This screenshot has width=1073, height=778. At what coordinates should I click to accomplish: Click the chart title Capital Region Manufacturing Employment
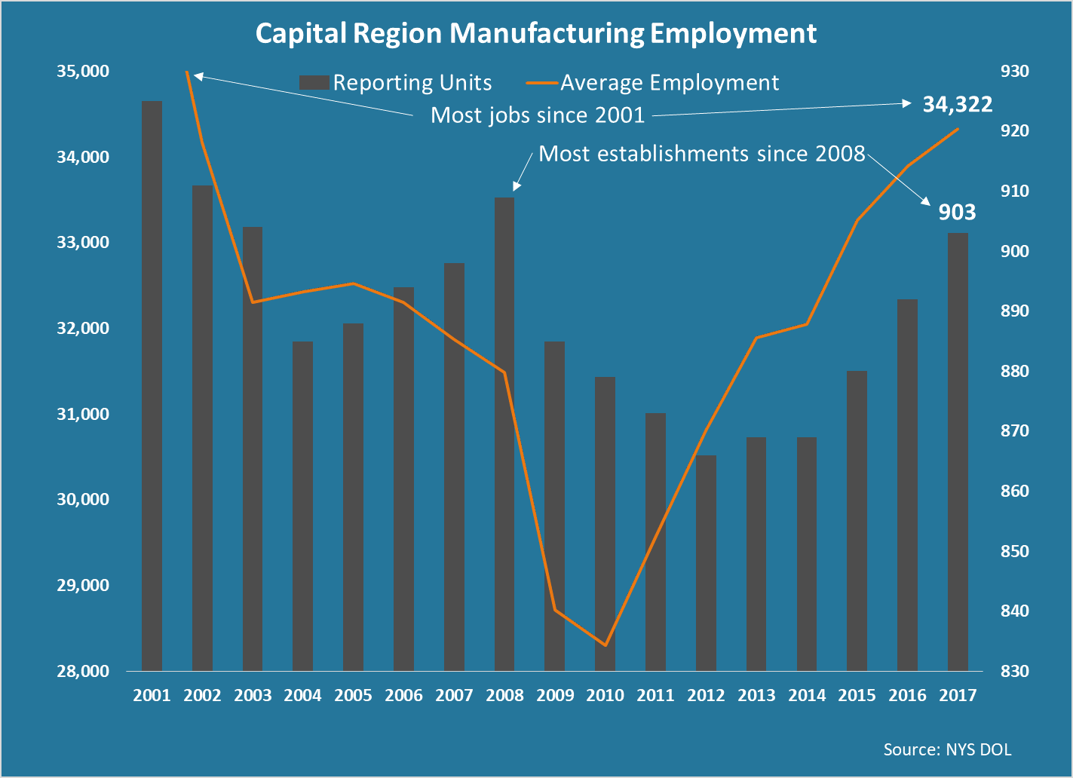click(x=535, y=34)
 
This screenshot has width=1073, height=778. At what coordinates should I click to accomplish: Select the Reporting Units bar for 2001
click(x=152, y=384)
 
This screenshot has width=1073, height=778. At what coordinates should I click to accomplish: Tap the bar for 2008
click(x=504, y=433)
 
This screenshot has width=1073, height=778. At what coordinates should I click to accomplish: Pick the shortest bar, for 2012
click(x=706, y=562)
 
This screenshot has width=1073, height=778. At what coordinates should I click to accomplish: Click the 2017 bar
click(x=958, y=452)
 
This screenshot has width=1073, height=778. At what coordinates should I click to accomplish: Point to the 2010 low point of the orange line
click(x=605, y=645)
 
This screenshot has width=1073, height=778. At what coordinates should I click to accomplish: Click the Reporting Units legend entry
click(x=397, y=83)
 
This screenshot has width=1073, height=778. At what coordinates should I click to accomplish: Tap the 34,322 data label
click(x=957, y=105)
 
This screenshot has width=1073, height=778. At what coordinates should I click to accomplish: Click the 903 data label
click(x=957, y=213)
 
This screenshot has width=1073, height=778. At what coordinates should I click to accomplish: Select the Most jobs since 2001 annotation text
click(x=538, y=115)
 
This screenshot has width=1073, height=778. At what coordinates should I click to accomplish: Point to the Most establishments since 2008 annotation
click(x=702, y=154)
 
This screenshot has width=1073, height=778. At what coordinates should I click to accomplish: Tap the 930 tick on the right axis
click(x=1014, y=72)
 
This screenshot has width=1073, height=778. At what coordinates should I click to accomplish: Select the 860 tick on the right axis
click(x=1014, y=492)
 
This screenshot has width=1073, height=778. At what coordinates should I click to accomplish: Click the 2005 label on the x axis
click(x=353, y=695)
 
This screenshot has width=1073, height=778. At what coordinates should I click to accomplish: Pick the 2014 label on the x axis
click(x=807, y=695)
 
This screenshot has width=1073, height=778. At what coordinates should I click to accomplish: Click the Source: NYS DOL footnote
click(x=947, y=749)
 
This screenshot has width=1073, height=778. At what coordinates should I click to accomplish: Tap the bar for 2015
click(x=857, y=520)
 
